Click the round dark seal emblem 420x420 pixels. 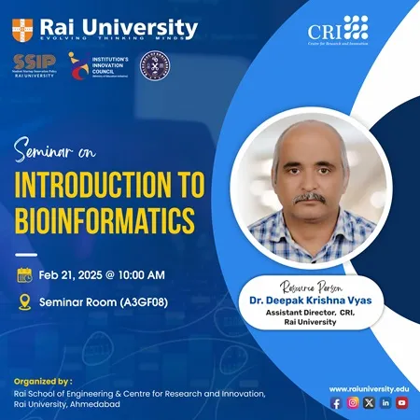pos(154,66)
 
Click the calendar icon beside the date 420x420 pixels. pos(25,274)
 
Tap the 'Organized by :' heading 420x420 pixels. pos(42,380)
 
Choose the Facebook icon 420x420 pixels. pos(336,402)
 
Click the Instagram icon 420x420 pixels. pos(353,402)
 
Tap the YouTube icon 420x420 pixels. pos(401,402)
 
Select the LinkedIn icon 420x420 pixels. pos(385,402)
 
